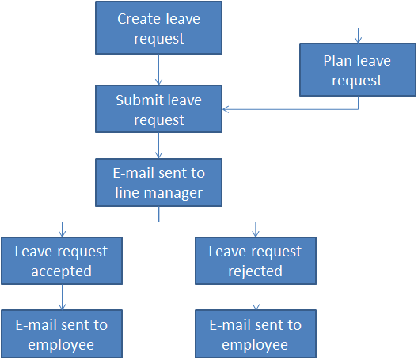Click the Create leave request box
tap(159, 28)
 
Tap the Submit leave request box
tap(159, 110)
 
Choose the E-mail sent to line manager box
tap(159, 183)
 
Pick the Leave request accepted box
tap(61, 261)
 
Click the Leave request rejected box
tap(255, 261)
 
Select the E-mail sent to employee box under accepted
tap(61, 334)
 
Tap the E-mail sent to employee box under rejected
tap(255, 334)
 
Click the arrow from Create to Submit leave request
tap(159, 70)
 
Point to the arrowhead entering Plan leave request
tap(359, 39)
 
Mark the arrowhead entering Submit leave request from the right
tap(227, 109)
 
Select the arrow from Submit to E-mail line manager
tap(159, 146)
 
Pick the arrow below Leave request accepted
tap(61, 297)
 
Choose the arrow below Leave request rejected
tap(255, 297)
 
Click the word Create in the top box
tap(139, 19)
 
